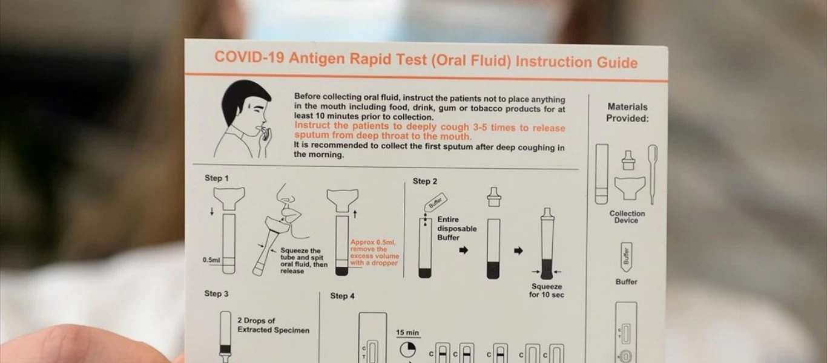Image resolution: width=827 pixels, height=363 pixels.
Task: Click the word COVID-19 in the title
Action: point(249,57)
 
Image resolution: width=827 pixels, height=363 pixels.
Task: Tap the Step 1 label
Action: point(217,178)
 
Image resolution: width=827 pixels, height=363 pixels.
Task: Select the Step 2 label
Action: point(425,181)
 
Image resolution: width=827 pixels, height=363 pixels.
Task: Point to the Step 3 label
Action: point(216,293)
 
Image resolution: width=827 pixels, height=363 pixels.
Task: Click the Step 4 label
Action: point(343,296)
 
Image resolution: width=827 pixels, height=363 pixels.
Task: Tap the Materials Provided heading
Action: point(627,113)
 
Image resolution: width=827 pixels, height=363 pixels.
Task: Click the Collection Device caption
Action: point(627,217)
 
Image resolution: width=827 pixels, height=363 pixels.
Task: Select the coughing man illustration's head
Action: point(251,106)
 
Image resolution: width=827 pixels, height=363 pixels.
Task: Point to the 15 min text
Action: point(408,333)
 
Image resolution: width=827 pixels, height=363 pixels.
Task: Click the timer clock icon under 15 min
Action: point(407,349)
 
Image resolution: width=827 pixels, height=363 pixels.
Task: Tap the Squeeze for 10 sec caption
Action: point(546,290)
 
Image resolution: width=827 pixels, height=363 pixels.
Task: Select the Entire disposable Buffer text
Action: point(456,229)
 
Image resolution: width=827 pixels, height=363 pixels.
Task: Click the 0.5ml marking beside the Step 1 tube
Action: point(211,260)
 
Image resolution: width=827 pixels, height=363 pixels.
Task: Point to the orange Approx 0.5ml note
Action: point(375,252)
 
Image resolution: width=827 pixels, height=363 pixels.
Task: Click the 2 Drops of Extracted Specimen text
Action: point(273,325)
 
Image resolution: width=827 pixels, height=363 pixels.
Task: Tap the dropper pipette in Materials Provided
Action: point(652,172)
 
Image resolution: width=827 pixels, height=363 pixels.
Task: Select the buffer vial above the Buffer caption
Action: point(626,257)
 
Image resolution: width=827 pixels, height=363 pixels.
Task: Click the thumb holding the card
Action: point(91,345)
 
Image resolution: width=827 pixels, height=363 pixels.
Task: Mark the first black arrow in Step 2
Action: point(464,250)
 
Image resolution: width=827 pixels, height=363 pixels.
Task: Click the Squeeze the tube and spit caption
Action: point(300,261)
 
